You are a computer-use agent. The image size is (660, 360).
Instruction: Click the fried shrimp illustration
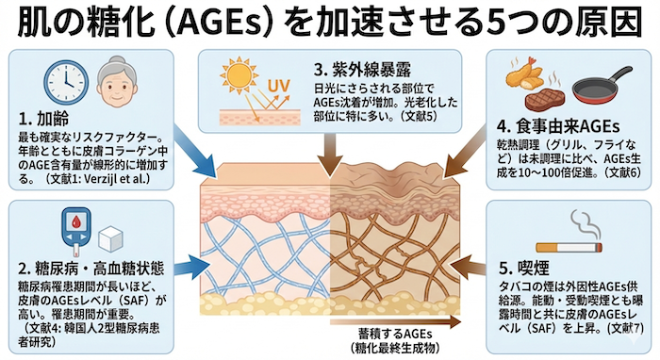pyautogui.click(x=525, y=73)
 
